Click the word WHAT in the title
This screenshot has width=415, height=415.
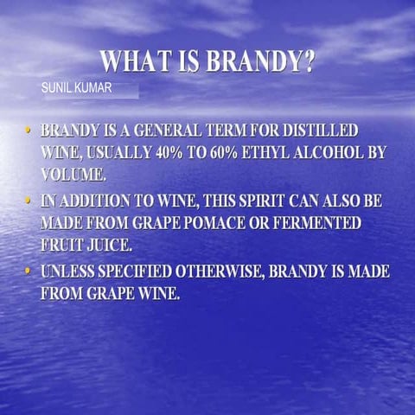[131, 62]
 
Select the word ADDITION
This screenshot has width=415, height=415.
[102, 201]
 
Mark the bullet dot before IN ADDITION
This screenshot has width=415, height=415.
[28, 201]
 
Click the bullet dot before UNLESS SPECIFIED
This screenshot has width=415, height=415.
[28, 271]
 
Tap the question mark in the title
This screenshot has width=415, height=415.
[307, 62]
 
